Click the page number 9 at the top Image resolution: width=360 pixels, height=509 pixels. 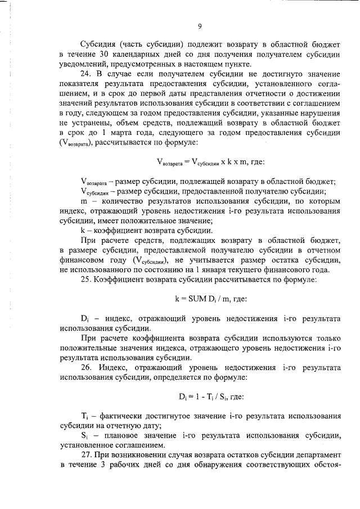tap(200, 25)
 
